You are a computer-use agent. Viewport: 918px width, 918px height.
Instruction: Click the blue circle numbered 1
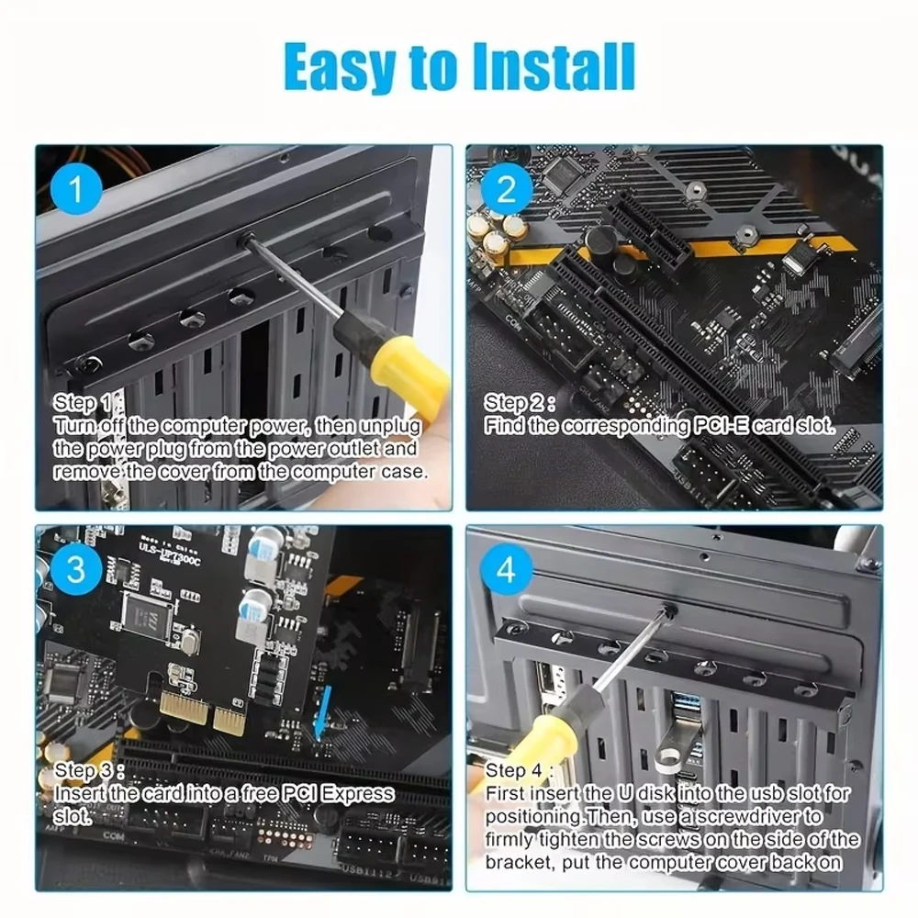[x=76, y=188]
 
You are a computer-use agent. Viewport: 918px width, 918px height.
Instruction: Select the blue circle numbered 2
[x=507, y=188]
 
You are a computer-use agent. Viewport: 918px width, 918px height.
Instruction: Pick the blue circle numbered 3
[x=76, y=568]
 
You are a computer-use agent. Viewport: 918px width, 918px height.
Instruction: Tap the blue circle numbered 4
[x=507, y=568]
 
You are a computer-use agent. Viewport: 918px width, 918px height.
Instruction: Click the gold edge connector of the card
[x=202, y=712]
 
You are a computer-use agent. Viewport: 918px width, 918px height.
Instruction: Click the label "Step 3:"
[x=89, y=770]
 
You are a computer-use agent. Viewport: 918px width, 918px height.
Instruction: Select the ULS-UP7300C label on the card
[x=170, y=554]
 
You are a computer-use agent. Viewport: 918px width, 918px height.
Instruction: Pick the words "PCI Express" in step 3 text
[x=338, y=794]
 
